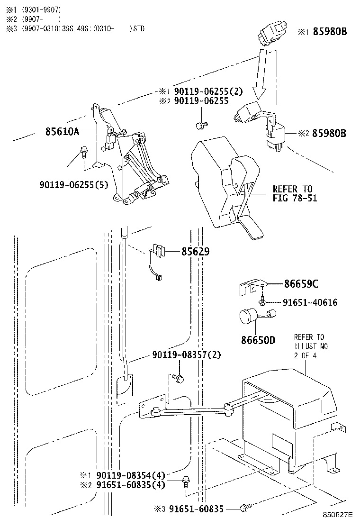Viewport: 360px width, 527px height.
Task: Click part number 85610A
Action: pyautogui.click(x=62, y=131)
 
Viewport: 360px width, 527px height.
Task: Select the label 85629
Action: pyautogui.click(x=195, y=252)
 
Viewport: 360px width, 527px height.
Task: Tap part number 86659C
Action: pyautogui.click(x=301, y=284)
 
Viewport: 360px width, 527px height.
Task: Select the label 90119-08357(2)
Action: pyautogui.click(x=186, y=355)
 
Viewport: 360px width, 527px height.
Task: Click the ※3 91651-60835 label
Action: pyautogui.click(x=189, y=509)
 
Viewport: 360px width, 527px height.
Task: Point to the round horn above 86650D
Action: pyautogui.click(x=250, y=316)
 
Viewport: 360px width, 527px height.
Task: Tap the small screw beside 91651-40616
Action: pyautogui.click(x=261, y=301)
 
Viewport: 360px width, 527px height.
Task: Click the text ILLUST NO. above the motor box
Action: pyautogui.click(x=312, y=346)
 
